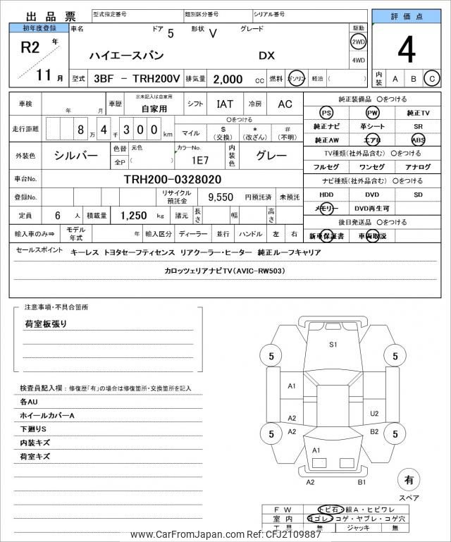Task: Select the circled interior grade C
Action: pos(432,79)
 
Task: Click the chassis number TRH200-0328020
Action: pos(172,179)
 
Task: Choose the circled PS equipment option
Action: pos(326,113)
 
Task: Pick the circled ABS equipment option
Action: pos(418,140)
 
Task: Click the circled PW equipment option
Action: pos(371,113)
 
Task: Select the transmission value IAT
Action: pos(225,104)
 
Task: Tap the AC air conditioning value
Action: pos(284,104)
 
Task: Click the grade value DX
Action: pos(267,55)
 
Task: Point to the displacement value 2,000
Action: pos(228,80)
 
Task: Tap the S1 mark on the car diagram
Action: pos(333,344)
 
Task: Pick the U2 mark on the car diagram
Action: pos(374,414)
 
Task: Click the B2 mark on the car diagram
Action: pos(374,431)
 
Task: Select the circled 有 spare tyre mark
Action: pos(407,480)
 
